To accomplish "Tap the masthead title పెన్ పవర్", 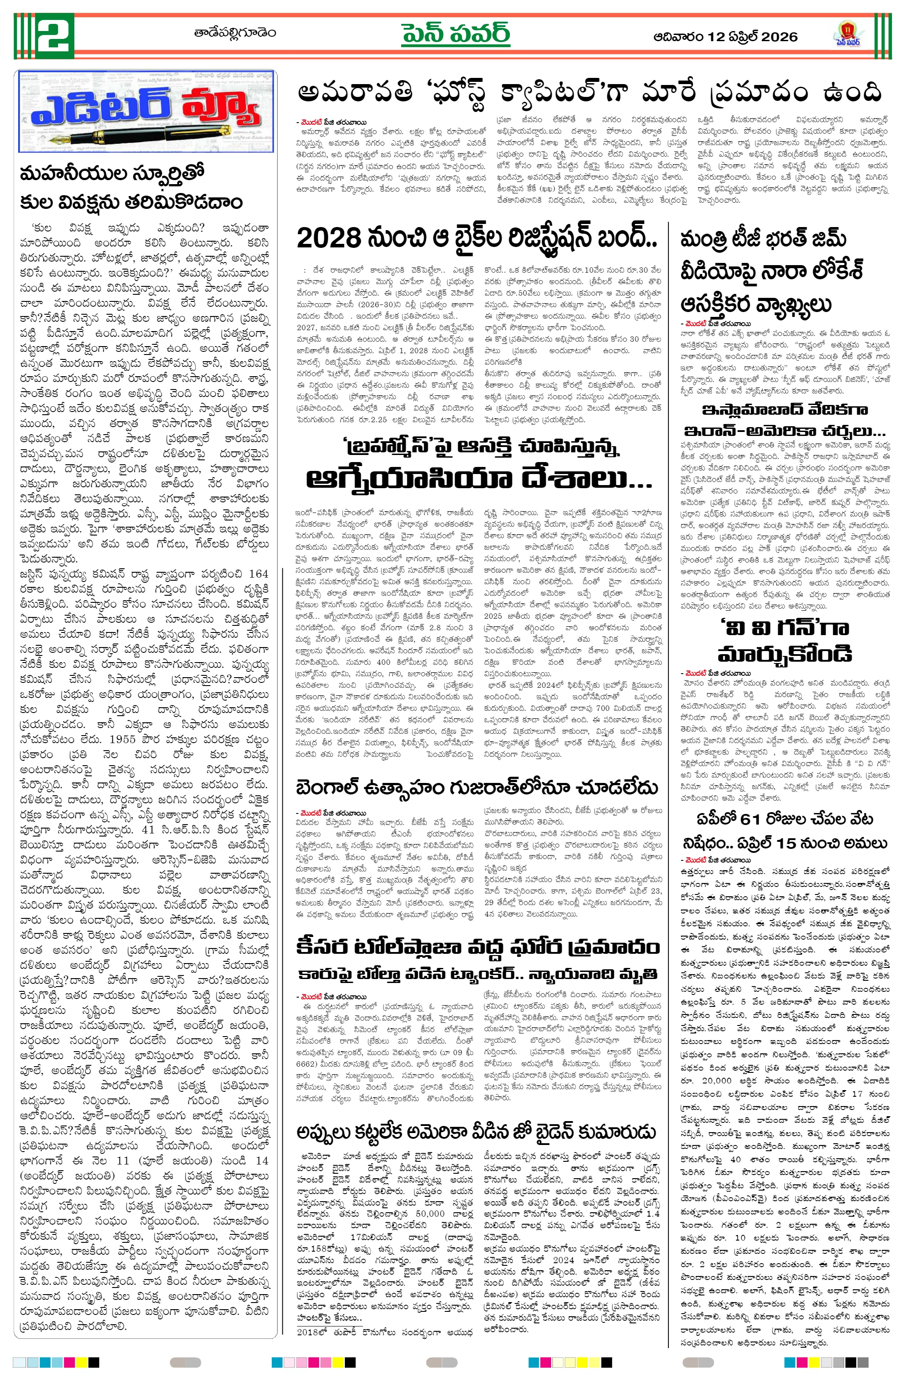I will (456, 34).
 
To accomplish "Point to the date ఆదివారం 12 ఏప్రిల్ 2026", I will (725, 37).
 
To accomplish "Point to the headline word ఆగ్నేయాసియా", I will (409, 479).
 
